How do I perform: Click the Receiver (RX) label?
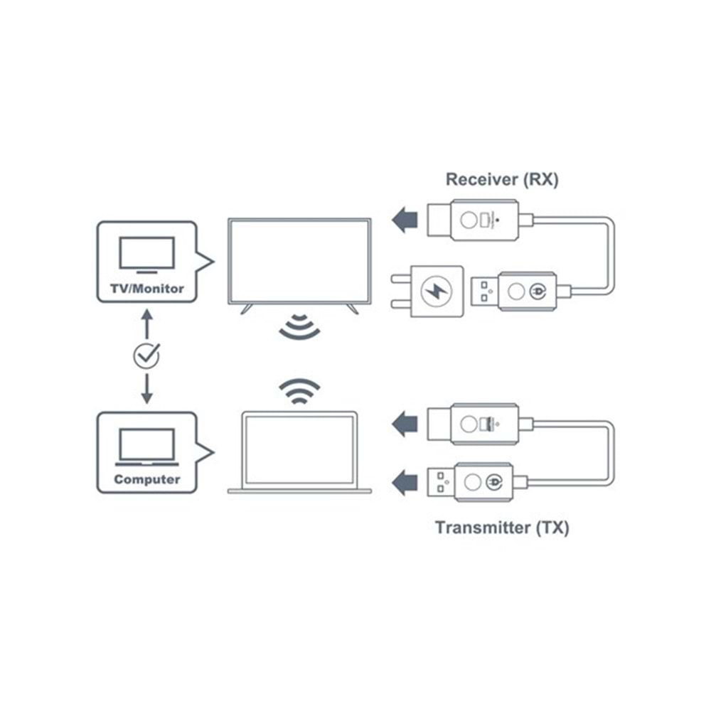(x=502, y=179)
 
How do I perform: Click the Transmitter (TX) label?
(x=502, y=528)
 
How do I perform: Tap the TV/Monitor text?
(x=147, y=289)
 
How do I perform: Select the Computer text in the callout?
(x=147, y=479)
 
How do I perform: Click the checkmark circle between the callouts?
(x=147, y=355)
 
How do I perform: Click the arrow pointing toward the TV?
(x=405, y=220)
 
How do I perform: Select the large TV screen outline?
(x=299, y=262)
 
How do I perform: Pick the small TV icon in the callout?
(x=147, y=255)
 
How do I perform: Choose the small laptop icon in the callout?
(x=147, y=447)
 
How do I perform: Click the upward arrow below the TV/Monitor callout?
(x=147, y=324)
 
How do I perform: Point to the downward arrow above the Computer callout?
(x=147, y=389)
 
